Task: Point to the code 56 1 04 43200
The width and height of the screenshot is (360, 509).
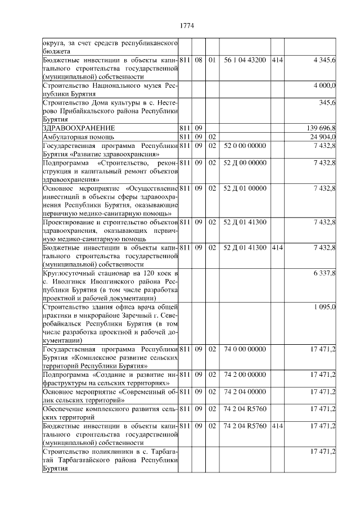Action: click(x=245, y=59)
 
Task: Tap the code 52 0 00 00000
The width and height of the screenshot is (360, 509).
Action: click(x=245, y=145)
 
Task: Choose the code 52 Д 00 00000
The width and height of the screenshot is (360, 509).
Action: click(x=245, y=163)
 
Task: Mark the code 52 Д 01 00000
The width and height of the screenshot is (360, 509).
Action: click(x=245, y=188)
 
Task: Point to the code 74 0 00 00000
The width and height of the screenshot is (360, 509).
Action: click(x=245, y=349)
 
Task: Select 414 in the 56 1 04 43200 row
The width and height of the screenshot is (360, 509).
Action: click(x=277, y=59)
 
